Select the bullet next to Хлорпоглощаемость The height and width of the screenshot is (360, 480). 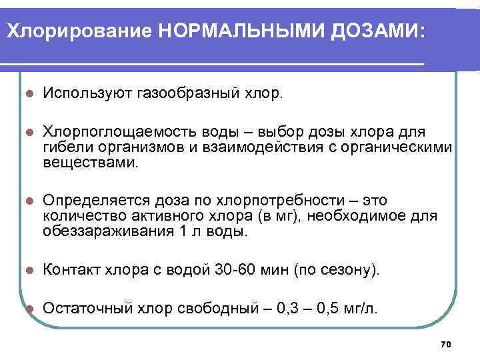click(27, 131)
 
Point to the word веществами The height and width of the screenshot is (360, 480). click(91, 161)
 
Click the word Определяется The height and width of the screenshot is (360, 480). click(89, 201)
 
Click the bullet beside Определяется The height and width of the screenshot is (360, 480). click(27, 201)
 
